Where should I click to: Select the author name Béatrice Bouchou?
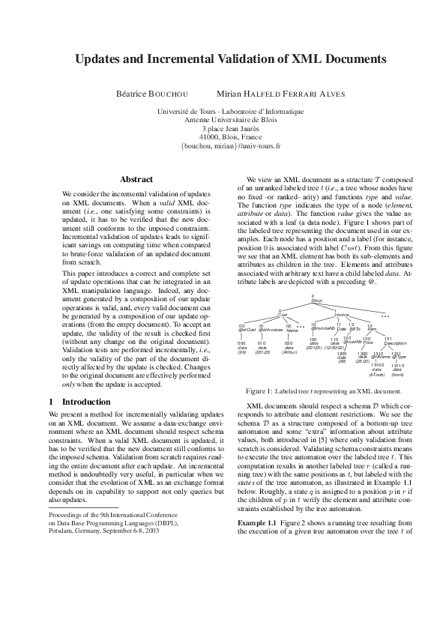(x=152, y=94)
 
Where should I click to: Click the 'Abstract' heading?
(x=136, y=180)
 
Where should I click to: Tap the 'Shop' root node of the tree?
(x=316, y=301)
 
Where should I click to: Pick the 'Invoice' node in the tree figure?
(x=342, y=315)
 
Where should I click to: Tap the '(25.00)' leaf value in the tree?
(x=363, y=360)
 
